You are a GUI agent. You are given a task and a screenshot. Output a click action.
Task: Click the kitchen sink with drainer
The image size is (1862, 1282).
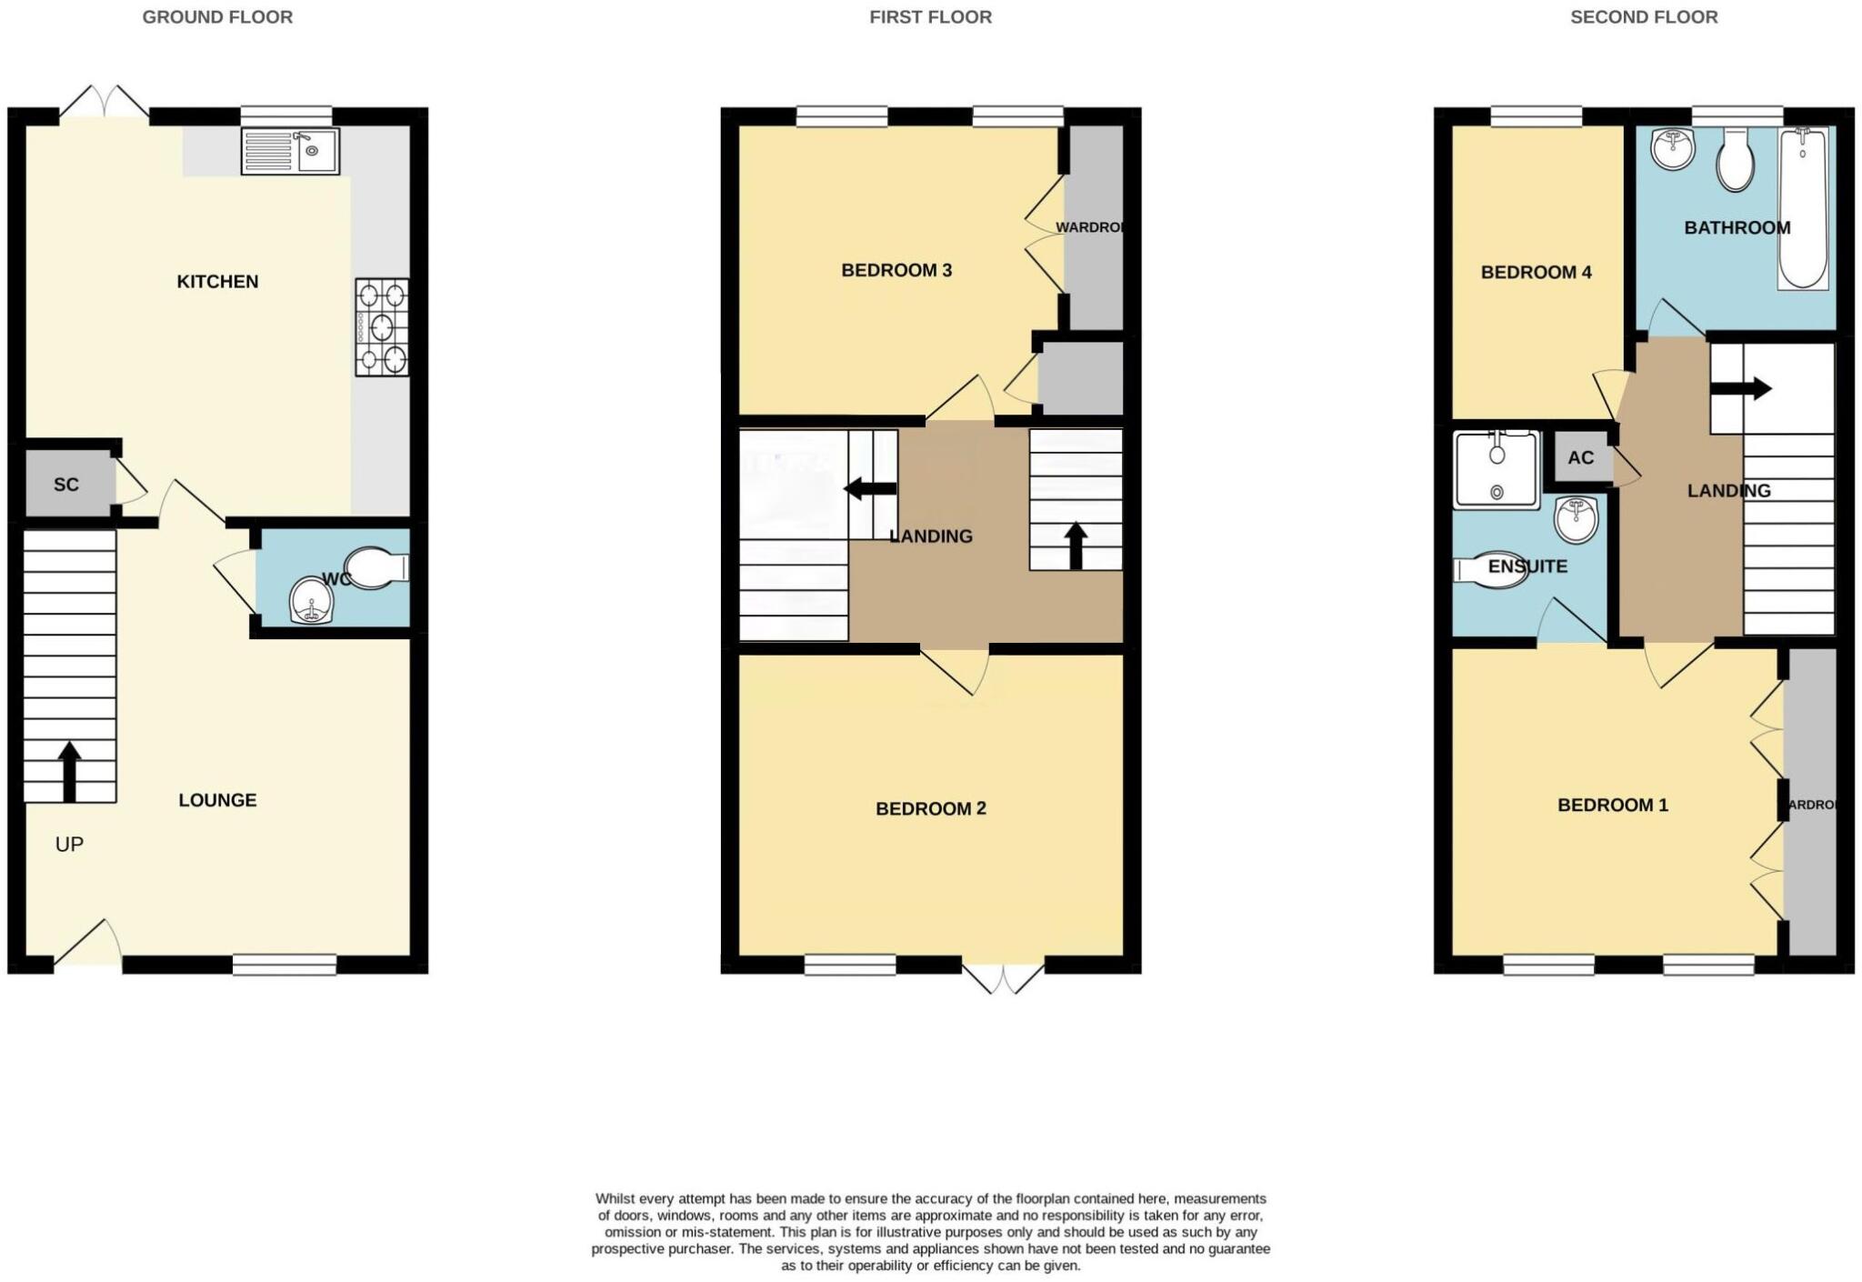pyautogui.click(x=290, y=151)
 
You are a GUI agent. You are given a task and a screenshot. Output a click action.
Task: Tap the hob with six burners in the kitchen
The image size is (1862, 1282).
pyautogui.click(x=382, y=327)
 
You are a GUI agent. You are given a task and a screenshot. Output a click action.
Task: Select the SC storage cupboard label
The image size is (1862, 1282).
pyautogui.click(x=66, y=485)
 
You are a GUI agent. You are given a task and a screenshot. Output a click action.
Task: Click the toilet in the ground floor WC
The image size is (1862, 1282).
pyautogui.click(x=375, y=568)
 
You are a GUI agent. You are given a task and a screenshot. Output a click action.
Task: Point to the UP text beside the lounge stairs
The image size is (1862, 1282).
pyautogui.click(x=69, y=845)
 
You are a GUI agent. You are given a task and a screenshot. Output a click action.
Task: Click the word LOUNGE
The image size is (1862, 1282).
pyautogui.click(x=217, y=800)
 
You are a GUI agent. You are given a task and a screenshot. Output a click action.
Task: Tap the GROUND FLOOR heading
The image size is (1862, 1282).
pyautogui.click(x=217, y=17)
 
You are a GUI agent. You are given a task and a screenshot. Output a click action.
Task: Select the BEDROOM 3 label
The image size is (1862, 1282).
pyautogui.click(x=896, y=270)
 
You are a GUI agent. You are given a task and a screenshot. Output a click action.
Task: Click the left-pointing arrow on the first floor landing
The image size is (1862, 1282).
pyautogui.click(x=870, y=489)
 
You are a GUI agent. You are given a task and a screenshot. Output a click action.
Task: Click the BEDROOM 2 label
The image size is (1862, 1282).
pyautogui.click(x=930, y=808)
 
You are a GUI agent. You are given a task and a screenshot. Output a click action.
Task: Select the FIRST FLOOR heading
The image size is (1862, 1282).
pyautogui.click(x=930, y=17)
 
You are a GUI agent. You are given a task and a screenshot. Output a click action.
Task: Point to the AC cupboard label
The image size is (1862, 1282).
pyautogui.click(x=1580, y=457)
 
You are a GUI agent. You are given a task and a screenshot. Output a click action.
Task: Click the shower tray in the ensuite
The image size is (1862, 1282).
pyautogui.click(x=1497, y=469)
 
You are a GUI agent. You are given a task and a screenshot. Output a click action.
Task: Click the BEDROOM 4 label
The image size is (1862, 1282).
pyautogui.click(x=1536, y=272)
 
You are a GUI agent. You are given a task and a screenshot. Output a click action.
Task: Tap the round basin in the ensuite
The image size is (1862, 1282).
pyautogui.click(x=1577, y=519)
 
